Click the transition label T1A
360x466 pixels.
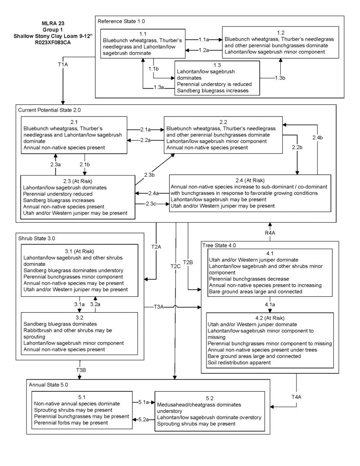click(63, 64)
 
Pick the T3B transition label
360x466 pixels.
click(81, 370)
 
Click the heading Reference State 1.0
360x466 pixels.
click(121, 21)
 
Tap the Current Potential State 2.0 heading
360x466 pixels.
click(49, 109)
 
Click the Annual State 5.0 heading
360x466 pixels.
click(49, 385)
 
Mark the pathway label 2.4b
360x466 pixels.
click(317, 137)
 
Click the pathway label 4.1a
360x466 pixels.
click(270, 304)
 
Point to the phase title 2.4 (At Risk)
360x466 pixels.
click(249, 180)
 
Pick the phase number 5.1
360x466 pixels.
click(81, 397)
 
